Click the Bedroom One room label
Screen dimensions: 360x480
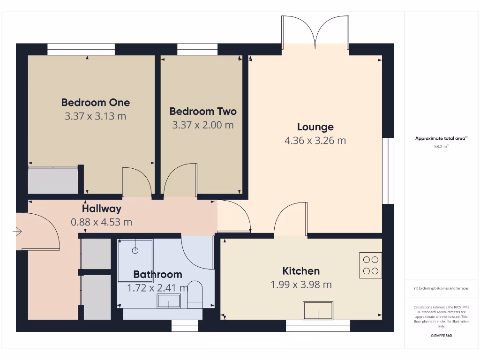tap(95, 102)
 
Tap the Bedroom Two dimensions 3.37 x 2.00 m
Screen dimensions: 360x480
tap(202, 125)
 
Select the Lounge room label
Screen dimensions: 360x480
tap(315, 127)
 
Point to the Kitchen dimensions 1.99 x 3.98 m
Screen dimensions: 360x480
tap(301, 285)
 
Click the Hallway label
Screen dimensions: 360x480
tap(101, 209)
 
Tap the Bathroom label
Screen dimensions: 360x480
tap(157, 274)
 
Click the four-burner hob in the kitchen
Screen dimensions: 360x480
tap(370, 265)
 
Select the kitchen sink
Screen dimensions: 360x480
tap(318, 310)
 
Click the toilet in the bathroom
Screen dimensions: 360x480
tap(195, 294)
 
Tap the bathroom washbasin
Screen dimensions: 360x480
tap(169, 301)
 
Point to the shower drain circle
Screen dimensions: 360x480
tap(135, 250)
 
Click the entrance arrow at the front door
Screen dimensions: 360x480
tap(17, 231)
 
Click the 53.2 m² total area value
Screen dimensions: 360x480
tap(441, 147)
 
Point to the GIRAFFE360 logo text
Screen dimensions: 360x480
tap(441, 336)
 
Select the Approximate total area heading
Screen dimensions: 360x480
tap(441, 138)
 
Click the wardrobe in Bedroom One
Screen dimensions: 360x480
tap(52, 180)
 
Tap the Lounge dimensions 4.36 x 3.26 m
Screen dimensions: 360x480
tap(315, 140)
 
